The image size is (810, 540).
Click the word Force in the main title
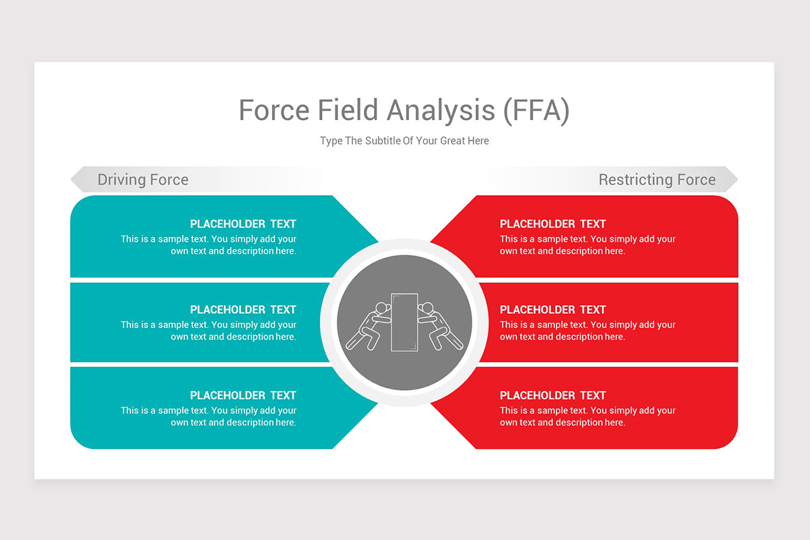(x=273, y=111)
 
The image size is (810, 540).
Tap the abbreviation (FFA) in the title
(x=536, y=111)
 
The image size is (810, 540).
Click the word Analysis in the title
(x=441, y=111)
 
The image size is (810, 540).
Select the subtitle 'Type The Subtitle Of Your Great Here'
(x=404, y=141)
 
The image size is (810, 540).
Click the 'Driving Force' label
(x=143, y=180)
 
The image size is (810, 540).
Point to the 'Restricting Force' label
(x=657, y=180)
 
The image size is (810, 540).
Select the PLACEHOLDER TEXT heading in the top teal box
(x=243, y=224)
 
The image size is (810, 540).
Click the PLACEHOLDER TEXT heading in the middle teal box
(x=243, y=310)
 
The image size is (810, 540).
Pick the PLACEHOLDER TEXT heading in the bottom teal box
(x=243, y=396)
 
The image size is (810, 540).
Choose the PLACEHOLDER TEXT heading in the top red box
(x=553, y=224)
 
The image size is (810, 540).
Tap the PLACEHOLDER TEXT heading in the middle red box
(x=553, y=310)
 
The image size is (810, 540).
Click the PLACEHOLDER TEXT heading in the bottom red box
(x=553, y=396)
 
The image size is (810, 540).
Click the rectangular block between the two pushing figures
(x=404, y=322)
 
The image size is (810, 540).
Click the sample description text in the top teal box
(x=209, y=245)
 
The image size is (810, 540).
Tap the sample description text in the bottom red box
(x=587, y=416)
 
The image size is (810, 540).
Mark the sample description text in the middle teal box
(x=209, y=331)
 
